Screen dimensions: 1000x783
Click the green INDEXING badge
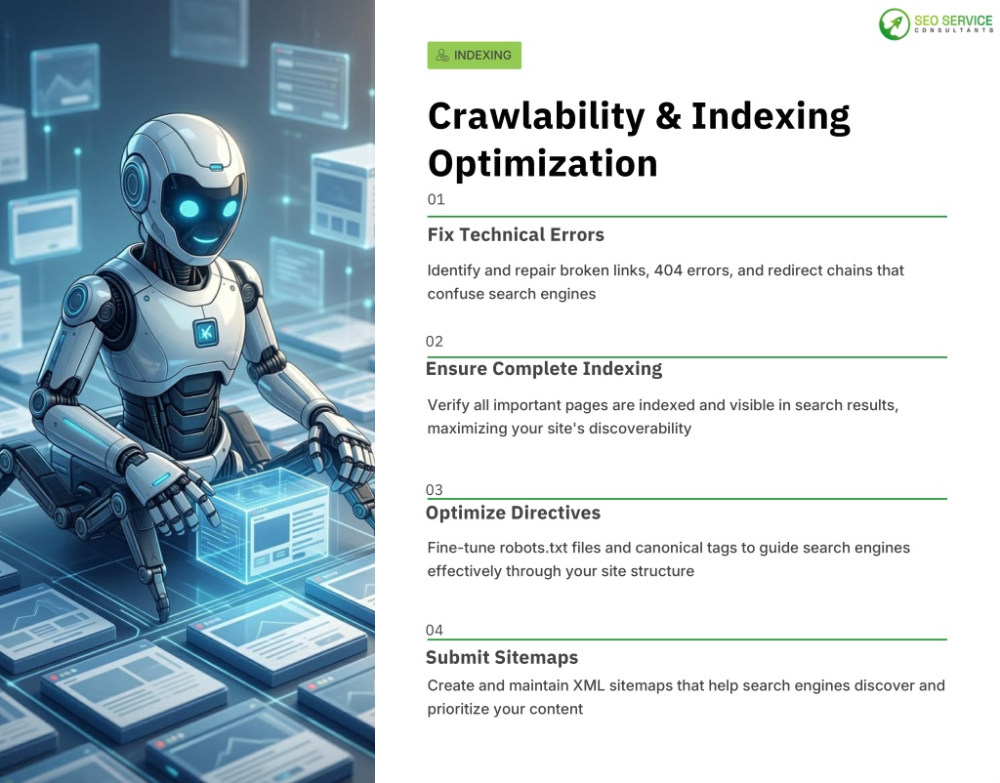[x=474, y=56]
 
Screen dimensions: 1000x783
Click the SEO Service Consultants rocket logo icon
[x=895, y=24]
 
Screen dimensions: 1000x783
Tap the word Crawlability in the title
[x=536, y=117]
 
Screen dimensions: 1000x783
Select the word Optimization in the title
[x=543, y=163]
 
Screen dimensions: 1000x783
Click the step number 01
[x=437, y=199]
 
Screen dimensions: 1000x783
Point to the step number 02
[x=435, y=342]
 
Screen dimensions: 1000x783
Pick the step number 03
[x=435, y=490]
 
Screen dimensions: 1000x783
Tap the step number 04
[x=435, y=630]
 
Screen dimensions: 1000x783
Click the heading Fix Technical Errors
[x=516, y=234]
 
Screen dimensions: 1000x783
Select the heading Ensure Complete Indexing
[x=544, y=369]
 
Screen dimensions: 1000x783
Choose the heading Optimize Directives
[x=514, y=513]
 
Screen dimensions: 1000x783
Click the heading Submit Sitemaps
[x=502, y=657]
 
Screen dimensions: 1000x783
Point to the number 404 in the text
[x=668, y=270]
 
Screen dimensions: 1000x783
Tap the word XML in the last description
[x=589, y=685]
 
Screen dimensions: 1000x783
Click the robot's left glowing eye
[x=189, y=208]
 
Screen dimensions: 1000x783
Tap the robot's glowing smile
[x=206, y=240]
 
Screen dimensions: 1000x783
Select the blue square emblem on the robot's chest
[x=205, y=332]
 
